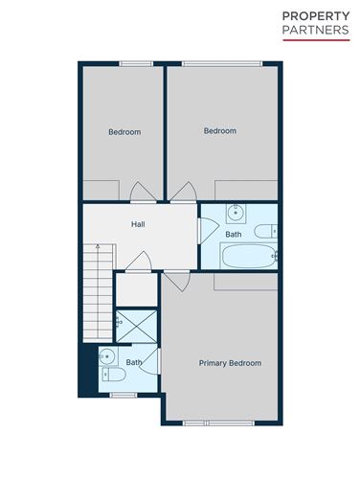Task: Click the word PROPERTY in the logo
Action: click(314, 16)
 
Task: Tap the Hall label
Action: click(138, 225)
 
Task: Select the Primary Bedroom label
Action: click(230, 363)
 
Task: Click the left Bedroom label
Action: click(124, 132)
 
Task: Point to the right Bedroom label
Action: click(219, 131)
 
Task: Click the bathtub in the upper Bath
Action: click(248, 256)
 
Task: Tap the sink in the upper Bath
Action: click(235, 213)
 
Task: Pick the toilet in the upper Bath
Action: click(265, 231)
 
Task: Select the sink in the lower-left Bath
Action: click(107, 358)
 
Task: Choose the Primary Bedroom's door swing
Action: click(175, 281)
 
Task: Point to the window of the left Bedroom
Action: click(136, 63)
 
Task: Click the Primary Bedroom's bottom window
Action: click(206, 423)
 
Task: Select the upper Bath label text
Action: click(233, 235)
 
